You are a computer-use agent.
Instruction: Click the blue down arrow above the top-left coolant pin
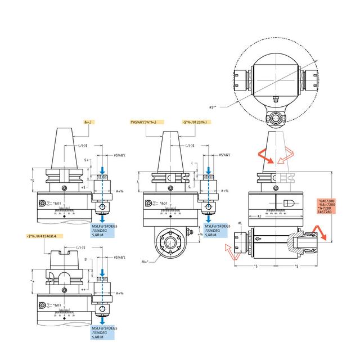(102, 169)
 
